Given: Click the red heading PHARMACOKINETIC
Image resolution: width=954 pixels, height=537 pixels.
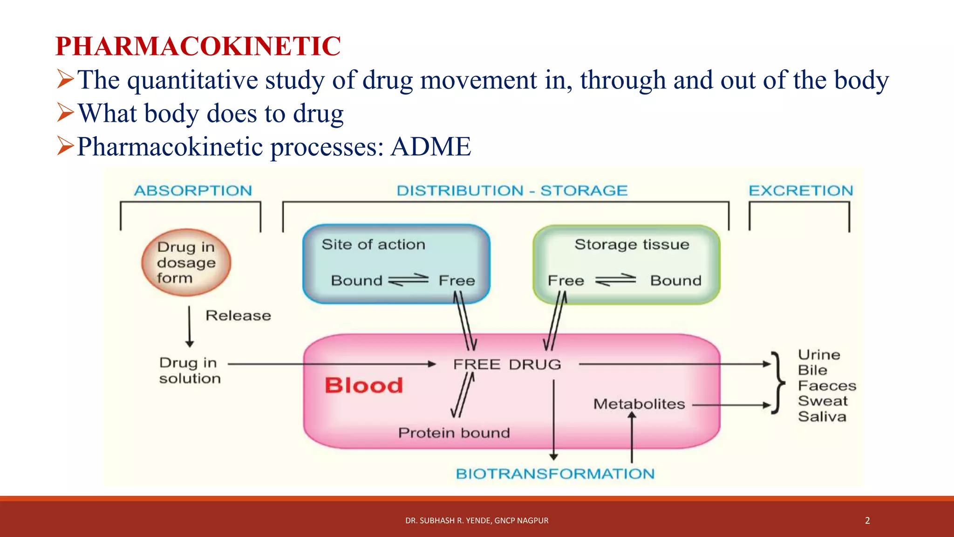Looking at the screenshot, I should [x=198, y=46].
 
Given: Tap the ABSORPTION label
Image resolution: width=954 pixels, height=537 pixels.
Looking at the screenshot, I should [x=193, y=191].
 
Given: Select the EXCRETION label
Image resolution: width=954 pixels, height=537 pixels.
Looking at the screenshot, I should [x=801, y=191].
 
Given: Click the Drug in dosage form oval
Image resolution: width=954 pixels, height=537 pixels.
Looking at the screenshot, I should [x=186, y=262].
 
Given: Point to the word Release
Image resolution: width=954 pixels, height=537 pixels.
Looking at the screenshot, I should [x=238, y=316].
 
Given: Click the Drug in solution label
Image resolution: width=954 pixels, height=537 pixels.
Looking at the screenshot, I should [x=189, y=371].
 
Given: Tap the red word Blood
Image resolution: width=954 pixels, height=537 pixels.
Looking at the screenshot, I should [x=364, y=386].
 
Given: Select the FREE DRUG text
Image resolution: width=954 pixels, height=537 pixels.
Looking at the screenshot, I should [x=507, y=365].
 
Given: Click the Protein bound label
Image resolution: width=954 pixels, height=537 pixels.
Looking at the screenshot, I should [x=454, y=433].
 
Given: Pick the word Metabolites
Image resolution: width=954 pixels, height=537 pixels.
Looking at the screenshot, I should [x=639, y=404].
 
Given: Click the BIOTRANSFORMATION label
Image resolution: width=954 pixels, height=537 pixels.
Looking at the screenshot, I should [x=555, y=474].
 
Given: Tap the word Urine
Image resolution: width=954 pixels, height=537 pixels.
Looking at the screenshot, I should [x=819, y=355].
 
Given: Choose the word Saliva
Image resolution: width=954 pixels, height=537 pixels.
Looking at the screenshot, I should [x=822, y=417].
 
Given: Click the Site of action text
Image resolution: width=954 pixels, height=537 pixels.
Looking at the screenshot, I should [x=374, y=245].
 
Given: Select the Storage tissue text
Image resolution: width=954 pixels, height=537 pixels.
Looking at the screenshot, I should [x=632, y=245].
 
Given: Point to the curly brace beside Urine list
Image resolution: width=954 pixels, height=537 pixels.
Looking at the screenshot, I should [x=777, y=383].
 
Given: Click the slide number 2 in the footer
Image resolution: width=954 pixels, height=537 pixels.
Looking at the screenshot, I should [x=867, y=521].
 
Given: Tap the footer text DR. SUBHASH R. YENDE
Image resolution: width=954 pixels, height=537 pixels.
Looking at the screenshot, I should [x=477, y=521].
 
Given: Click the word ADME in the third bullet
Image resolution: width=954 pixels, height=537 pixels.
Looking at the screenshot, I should [x=431, y=147].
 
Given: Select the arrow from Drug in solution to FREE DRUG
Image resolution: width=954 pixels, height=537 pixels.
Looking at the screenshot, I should [x=331, y=364].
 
